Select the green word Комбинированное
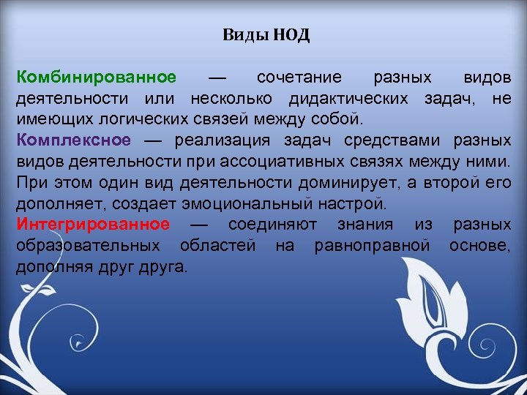pyautogui.click(x=97, y=78)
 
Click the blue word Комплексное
pyautogui.click(x=74, y=140)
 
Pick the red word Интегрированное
pyautogui.click(x=93, y=224)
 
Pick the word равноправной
pyautogui.click(x=372, y=246)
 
